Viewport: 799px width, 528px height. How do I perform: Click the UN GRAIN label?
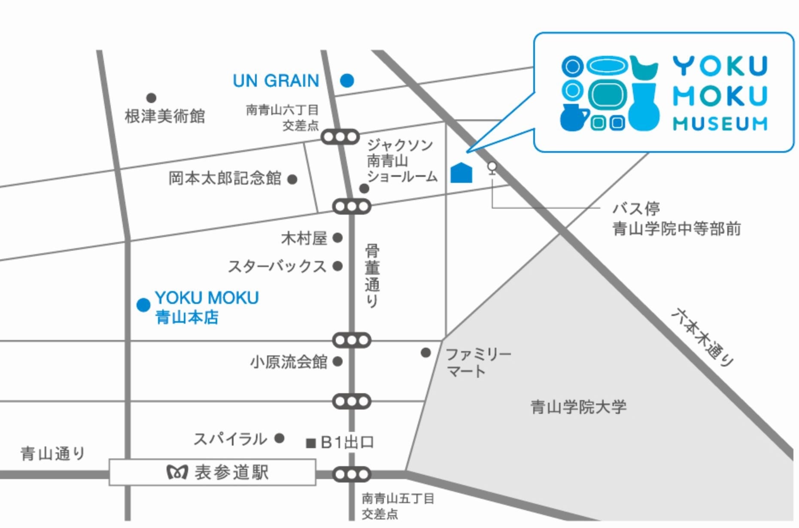[x=276, y=81]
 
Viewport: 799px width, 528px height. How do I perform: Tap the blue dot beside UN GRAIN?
[x=347, y=80]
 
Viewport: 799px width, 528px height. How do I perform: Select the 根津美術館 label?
[x=165, y=116]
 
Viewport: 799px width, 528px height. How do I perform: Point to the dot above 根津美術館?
[x=151, y=98]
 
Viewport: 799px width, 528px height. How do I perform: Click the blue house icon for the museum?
[x=461, y=173]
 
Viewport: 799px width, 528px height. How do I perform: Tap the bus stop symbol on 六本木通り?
[x=492, y=167]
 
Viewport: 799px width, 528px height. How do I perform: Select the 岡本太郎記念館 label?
[x=225, y=178]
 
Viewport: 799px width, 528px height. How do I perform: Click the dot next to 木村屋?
[x=338, y=237]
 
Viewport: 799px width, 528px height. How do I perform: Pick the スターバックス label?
[x=277, y=267]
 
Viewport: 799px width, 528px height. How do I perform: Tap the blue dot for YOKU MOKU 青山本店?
[x=143, y=305]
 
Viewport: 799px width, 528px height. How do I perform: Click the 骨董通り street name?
[x=372, y=276]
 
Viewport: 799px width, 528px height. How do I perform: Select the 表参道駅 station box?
[x=213, y=472]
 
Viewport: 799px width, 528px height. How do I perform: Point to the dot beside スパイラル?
[x=279, y=438]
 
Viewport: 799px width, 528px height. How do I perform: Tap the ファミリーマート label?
[x=478, y=362]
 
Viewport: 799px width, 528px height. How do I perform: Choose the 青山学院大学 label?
[x=578, y=407]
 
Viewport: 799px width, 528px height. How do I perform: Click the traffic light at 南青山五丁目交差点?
[x=352, y=474]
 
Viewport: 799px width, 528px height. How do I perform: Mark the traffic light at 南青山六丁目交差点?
[x=340, y=137]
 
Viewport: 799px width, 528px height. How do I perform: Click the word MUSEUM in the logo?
[x=720, y=124]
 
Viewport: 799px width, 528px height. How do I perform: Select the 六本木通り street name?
[x=702, y=337]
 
